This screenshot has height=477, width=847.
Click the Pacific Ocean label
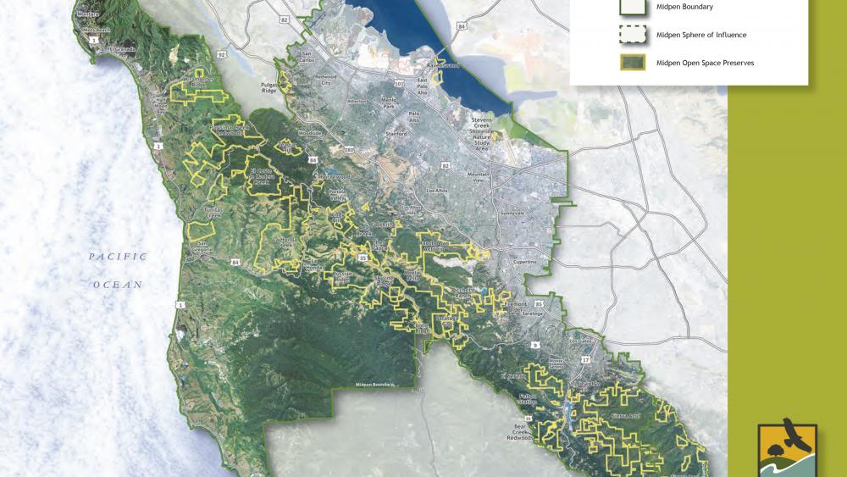pos(119,270)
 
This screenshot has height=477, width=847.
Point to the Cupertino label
pos(526,263)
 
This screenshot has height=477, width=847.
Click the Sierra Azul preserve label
pos(626,416)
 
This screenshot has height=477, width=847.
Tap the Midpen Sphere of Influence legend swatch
pos(630,35)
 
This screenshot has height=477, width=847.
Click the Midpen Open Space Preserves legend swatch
pos(630,63)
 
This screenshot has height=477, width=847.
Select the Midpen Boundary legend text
pos(685,7)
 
